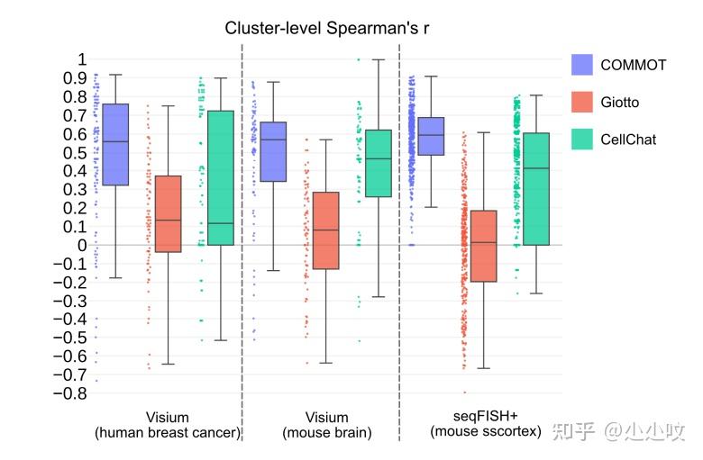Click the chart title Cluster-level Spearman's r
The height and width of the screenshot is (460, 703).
coord(326,28)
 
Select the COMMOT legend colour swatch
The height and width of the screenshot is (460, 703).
coord(583,65)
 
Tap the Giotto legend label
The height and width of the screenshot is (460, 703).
coord(619,102)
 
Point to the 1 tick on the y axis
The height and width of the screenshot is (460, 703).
coord(81,59)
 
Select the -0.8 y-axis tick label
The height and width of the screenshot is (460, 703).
coord(72,393)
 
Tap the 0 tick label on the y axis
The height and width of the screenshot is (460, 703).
coord(81,245)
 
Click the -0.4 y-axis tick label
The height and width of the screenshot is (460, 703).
coord(72,320)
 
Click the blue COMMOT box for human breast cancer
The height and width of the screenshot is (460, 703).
coord(115,144)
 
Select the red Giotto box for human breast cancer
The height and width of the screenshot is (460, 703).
coord(168,213)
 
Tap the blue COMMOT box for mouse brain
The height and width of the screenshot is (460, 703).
coord(273,151)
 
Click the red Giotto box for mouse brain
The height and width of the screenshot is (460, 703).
coord(325,230)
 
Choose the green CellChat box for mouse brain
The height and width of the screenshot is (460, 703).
coord(379,163)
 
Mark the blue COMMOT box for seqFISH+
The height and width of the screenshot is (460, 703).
coord(431,136)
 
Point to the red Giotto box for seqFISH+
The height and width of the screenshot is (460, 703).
coord(483,246)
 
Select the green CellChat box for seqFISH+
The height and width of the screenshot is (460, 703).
coord(536,189)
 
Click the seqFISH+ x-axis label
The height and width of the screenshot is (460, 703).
coord(485,418)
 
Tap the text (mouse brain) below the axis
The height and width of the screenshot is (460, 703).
coord(326,433)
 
